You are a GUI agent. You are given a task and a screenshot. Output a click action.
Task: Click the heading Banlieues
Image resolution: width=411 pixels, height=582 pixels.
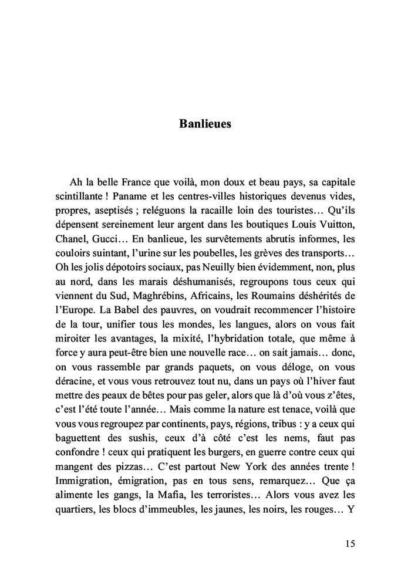click(x=205, y=124)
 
